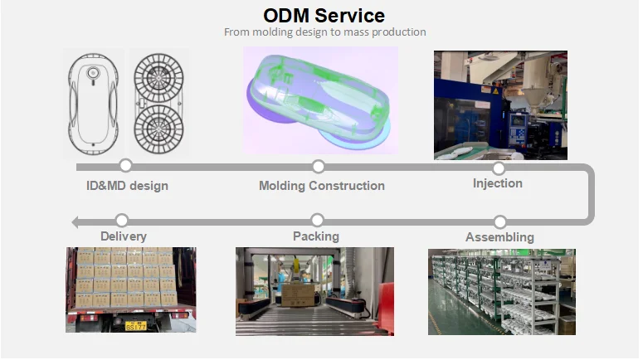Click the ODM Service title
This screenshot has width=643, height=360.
(x=324, y=15)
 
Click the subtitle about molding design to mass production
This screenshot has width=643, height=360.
(x=324, y=32)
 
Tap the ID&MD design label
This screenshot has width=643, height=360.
(x=127, y=186)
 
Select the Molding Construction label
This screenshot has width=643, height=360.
(x=321, y=186)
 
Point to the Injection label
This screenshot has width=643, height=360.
(x=497, y=182)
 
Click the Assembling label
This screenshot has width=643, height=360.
(x=499, y=237)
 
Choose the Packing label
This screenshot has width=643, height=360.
(x=316, y=236)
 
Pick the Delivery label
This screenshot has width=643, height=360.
(x=123, y=236)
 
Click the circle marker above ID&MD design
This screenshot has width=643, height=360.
(x=126, y=166)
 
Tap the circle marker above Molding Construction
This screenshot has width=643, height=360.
(x=318, y=167)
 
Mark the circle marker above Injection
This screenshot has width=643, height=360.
(x=498, y=168)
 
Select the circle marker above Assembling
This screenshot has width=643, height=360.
(x=499, y=221)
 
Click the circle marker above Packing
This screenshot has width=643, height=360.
(x=317, y=221)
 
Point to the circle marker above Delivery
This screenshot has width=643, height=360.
(x=122, y=221)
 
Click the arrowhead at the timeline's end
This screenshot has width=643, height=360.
(x=76, y=221)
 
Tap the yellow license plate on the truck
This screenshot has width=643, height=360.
(x=134, y=326)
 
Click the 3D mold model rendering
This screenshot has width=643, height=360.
(x=319, y=100)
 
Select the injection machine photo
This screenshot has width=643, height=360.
(x=500, y=105)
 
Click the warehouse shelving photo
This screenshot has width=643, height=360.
(x=501, y=292)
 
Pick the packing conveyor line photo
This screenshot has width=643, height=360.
(x=314, y=291)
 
